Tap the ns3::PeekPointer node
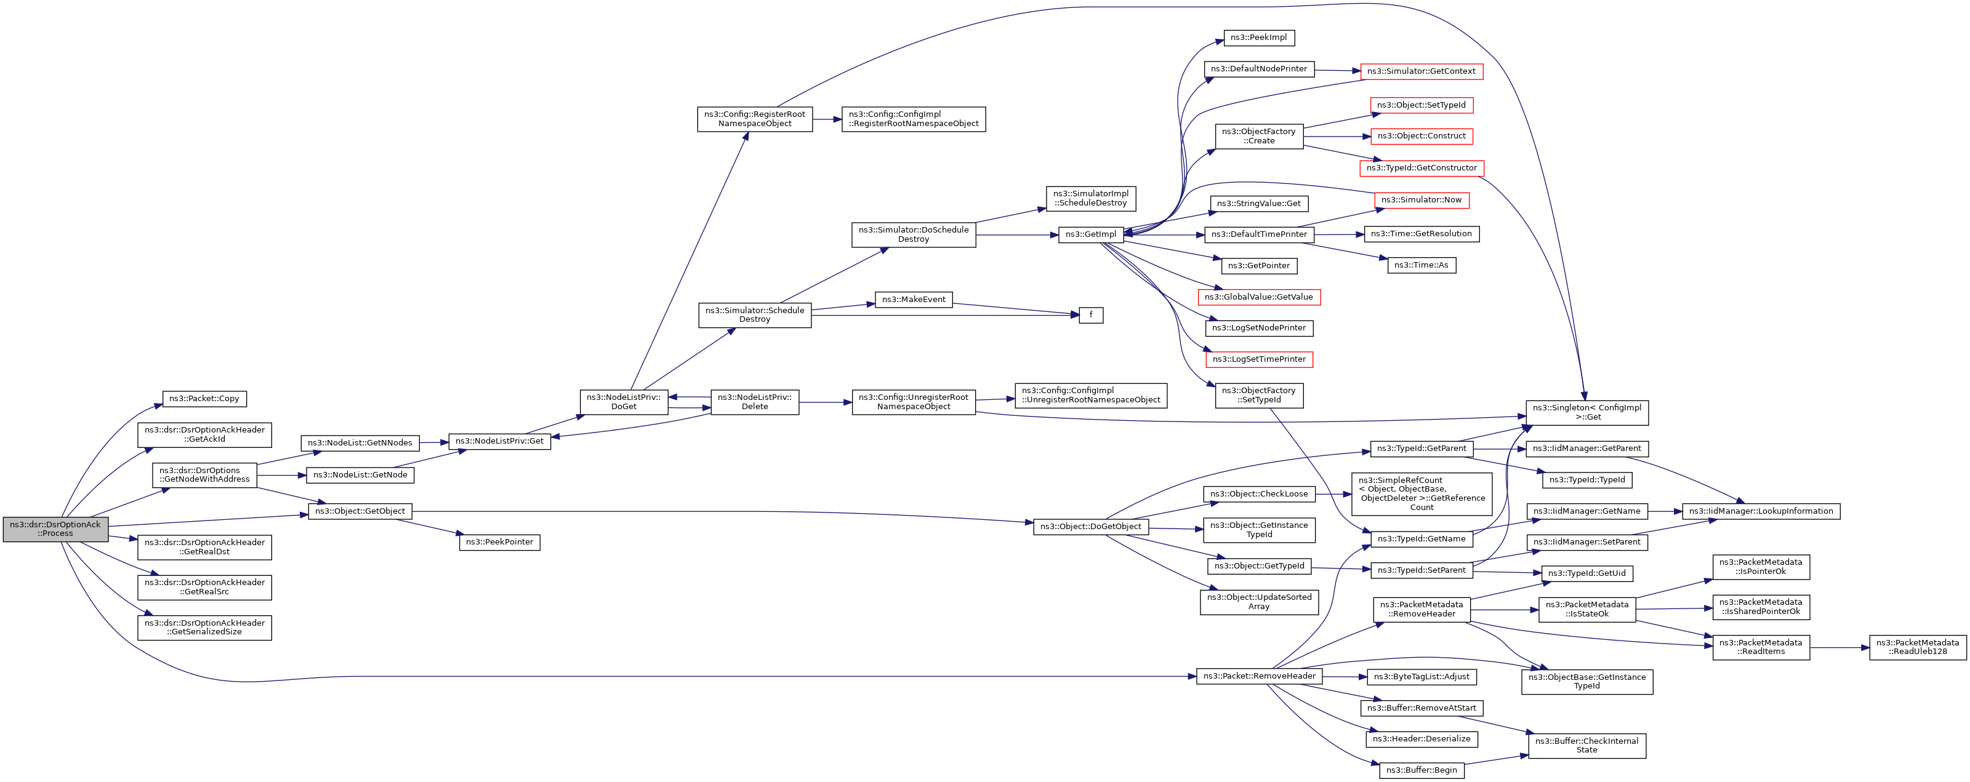pyautogui.click(x=499, y=542)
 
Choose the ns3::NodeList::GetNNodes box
pyautogui.click(x=360, y=442)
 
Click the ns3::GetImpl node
pyautogui.click(x=1090, y=234)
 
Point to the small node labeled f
pyautogui.click(x=1090, y=315)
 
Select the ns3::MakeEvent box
pyautogui.click(x=913, y=300)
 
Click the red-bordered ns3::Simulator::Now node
pyautogui.click(x=1421, y=201)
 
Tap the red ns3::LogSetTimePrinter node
pyautogui.click(x=1259, y=359)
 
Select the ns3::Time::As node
pyautogui.click(x=1421, y=265)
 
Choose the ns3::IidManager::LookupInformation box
pyautogui.click(x=1761, y=511)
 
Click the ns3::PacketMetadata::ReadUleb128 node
pyautogui.click(x=1917, y=647)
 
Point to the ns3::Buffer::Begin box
pyautogui.click(x=1421, y=770)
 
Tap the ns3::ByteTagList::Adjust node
pyautogui.click(x=1421, y=677)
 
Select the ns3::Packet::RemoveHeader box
pyautogui.click(x=1259, y=676)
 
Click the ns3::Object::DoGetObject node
pyautogui.click(x=1090, y=527)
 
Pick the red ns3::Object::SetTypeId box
pyautogui.click(x=1421, y=105)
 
